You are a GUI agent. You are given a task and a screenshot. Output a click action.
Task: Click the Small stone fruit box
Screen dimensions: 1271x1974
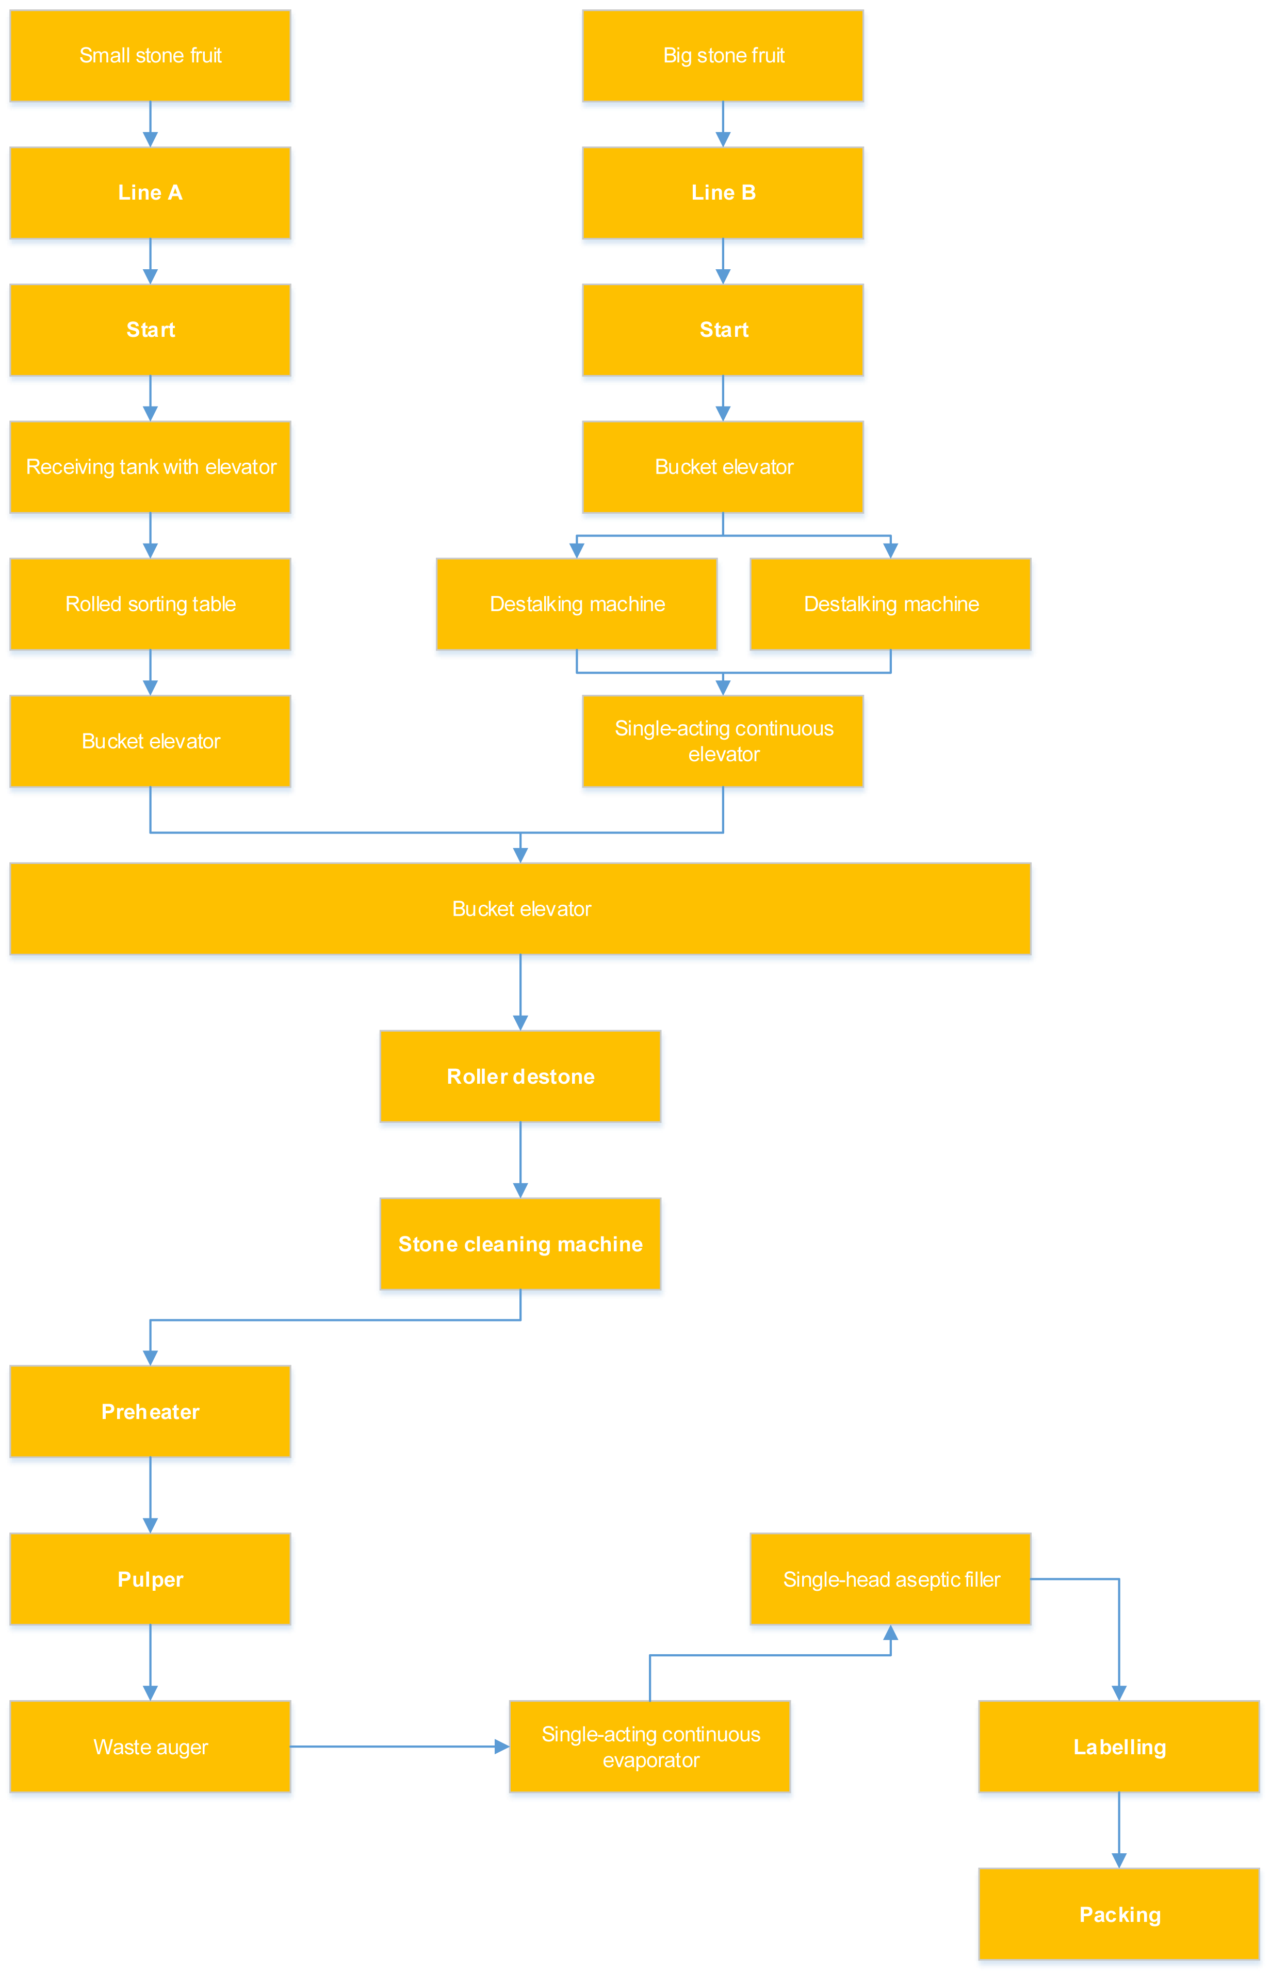pyautogui.click(x=150, y=55)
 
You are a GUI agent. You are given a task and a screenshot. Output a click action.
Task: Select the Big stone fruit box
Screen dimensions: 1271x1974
pyautogui.click(x=723, y=55)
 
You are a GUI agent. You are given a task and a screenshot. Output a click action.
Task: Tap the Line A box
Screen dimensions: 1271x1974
pyautogui.click(x=150, y=192)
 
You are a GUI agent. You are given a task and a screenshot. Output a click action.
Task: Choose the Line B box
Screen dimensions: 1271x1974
pyautogui.click(x=723, y=192)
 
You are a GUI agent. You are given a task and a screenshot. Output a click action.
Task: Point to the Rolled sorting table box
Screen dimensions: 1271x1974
pyautogui.click(x=150, y=603)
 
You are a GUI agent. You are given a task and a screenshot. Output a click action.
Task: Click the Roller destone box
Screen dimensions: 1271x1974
pyautogui.click(x=520, y=1076)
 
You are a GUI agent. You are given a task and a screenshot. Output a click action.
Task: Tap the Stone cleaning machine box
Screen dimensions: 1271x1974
pyautogui.click(x=520, y=1244)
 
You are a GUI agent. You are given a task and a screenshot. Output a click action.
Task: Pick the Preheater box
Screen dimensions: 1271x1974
pyautogui.click(x=150, y=1411)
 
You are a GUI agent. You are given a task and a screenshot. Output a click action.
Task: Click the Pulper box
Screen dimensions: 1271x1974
pyautogui.click(x=150, y=1579)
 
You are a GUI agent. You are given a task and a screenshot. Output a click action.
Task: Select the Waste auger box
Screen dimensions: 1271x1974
pyautogui.click(x=150, y=1746)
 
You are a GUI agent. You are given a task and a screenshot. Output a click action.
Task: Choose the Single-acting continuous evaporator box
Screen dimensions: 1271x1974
pyautogui.click(x=649, y=1746)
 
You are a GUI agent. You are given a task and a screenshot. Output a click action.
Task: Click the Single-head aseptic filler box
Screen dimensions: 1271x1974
pyautogui.click(x=890, y=1579)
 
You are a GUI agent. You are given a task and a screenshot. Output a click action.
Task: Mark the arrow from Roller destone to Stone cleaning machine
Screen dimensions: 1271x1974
pyautogui.click(x=520, y=1160)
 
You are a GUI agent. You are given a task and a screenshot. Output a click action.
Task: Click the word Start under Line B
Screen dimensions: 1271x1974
pyautogui.click(x=724, y=329)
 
